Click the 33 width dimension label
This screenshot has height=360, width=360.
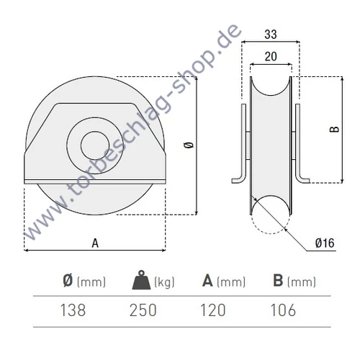(270, 33)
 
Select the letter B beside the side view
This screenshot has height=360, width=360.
(333, 130)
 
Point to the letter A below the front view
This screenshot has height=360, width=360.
(95, 243)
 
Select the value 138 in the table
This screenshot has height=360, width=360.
(73, 310)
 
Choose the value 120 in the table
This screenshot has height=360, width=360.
(212, 310)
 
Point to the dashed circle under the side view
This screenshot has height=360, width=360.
(271, 220)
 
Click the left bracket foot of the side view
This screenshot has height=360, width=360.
(238, 178)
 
